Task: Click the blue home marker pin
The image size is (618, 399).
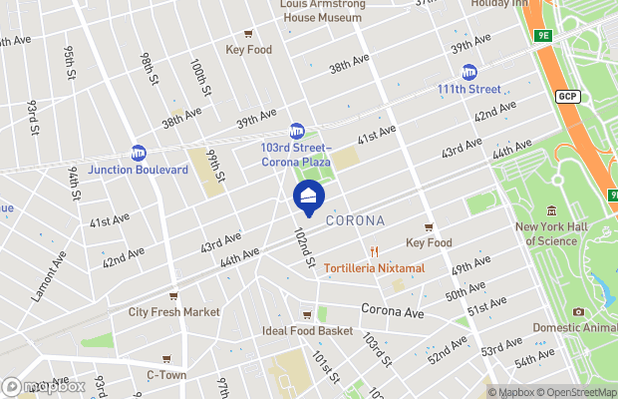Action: [308, 196]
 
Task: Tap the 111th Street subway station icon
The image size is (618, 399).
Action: [468, 72]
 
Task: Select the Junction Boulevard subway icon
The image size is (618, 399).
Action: [139, 153]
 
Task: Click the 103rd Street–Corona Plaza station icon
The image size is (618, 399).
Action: [296, 131]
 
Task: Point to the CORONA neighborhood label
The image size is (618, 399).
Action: [356, 219]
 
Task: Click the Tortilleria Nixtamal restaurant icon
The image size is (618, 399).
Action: [375, 251]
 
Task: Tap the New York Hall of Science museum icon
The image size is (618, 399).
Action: [551, 210]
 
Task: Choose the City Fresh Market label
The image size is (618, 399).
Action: [173, 311]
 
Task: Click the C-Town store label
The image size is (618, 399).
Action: [165, 375]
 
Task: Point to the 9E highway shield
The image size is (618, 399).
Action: [542, 36]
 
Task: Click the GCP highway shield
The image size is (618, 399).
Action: [567, 96]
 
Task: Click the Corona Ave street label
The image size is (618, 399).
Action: [393, 311]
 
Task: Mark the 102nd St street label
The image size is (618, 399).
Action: [304, 246]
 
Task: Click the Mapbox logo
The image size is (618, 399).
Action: [44, 386]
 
